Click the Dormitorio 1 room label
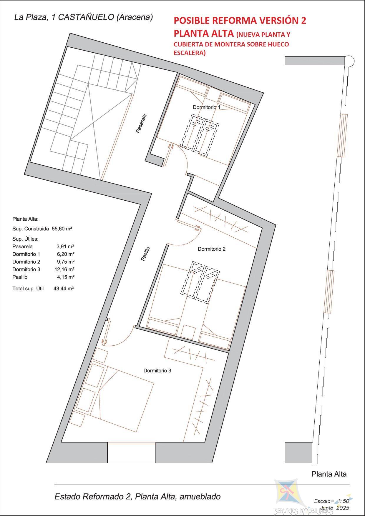coord(206,107)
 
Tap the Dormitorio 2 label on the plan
coord(212,249)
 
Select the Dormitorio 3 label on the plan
coord(157,371)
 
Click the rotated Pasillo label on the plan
coord(145,254)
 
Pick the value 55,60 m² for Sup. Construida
coord(62,228)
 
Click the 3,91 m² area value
coord(65,247)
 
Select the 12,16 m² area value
coord(64,269)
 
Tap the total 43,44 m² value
coord(64,289)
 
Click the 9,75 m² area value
coord(65,262)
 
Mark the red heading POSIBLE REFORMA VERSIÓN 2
coord(240,21)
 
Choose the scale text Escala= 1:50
coord(331,501)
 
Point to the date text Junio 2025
coord(335,508)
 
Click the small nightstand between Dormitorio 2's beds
coord(188,332)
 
